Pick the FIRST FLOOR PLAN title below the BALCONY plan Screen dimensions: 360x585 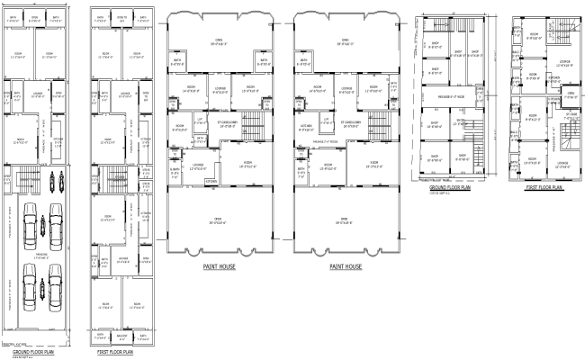[114, 352]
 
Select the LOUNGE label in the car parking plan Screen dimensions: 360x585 [38, 94]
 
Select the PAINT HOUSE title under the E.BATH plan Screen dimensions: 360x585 [220, 266]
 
